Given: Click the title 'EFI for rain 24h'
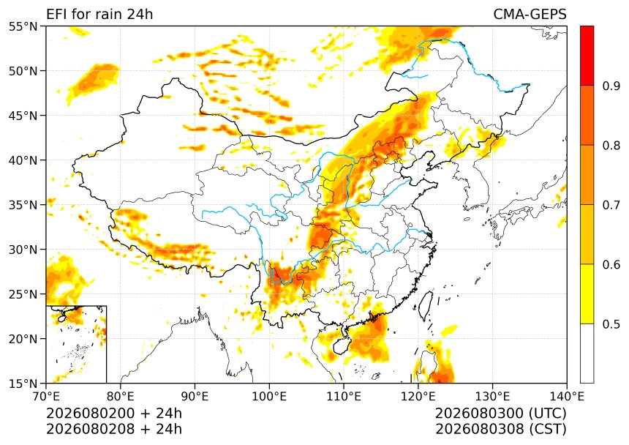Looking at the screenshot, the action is (x=99, y=15).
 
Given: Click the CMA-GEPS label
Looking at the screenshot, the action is (x=530, y=15).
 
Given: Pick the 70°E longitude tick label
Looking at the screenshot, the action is (x=46, y=397).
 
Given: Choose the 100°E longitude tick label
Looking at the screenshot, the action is (x=269, y=397).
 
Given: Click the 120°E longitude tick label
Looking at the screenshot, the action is (x=418, y=397).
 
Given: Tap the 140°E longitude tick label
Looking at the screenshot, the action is (x=567, y=397).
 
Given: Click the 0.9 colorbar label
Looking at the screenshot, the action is (x=611, y=86).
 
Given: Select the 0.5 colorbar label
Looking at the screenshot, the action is (x=611, y=324).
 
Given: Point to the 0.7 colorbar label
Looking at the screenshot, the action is (x=611, y=205).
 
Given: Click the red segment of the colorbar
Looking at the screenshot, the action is (x=587, y=56).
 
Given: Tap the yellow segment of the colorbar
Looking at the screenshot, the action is (x=587, y=293).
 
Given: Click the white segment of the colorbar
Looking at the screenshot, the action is (x=587, y=353).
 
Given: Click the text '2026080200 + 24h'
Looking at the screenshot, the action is (x=114, y=413).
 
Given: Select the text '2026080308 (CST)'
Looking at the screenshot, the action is (x=501, y=429).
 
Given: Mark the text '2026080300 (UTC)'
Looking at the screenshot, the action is (x=501, y=413).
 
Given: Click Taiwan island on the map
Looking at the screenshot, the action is (x=426, y=305).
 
